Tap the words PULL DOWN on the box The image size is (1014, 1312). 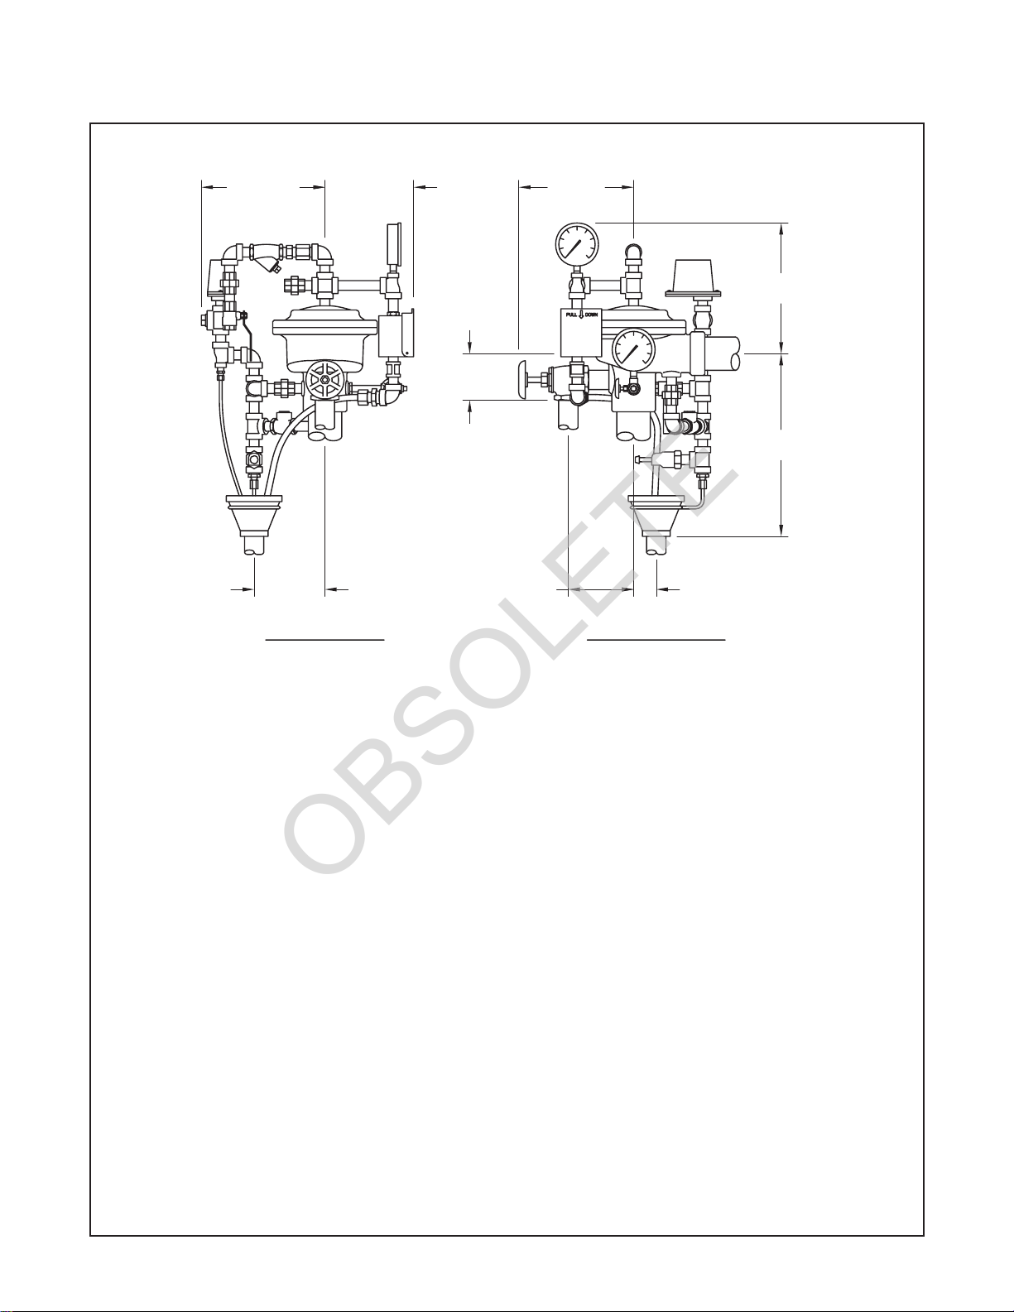pyautogui.click(x=581, y=315)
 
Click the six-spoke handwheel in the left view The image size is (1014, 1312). pyautogui.click(x=326, y=380)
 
